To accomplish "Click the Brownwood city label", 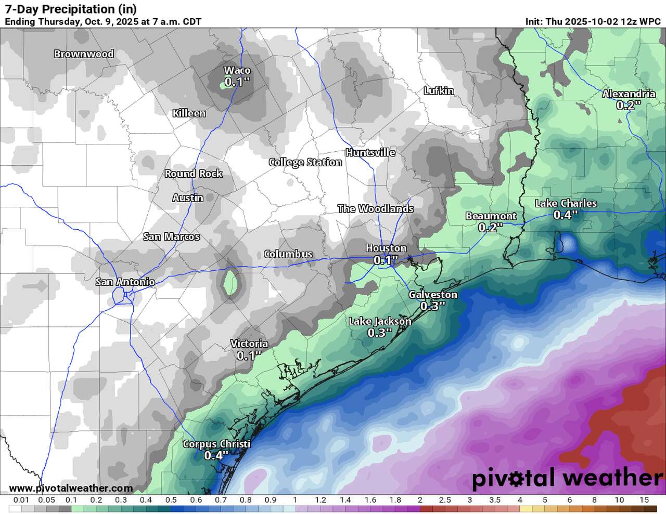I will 84,54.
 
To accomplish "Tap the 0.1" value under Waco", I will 237,82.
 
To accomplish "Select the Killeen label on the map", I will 189,113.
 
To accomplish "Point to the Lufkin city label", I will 439,91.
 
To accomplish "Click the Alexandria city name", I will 629,94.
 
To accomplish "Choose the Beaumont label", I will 491,216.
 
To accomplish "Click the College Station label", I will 305,162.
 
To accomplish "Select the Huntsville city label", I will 370,152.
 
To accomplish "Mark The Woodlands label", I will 375,209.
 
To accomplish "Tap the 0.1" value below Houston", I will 386,260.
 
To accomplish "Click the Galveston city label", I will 433,295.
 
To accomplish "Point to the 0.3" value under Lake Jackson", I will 379,333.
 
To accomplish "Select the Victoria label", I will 249,344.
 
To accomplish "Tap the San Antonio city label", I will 125,282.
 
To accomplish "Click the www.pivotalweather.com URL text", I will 71,488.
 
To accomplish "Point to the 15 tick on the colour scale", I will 644,500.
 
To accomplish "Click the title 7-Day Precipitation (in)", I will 71,9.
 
